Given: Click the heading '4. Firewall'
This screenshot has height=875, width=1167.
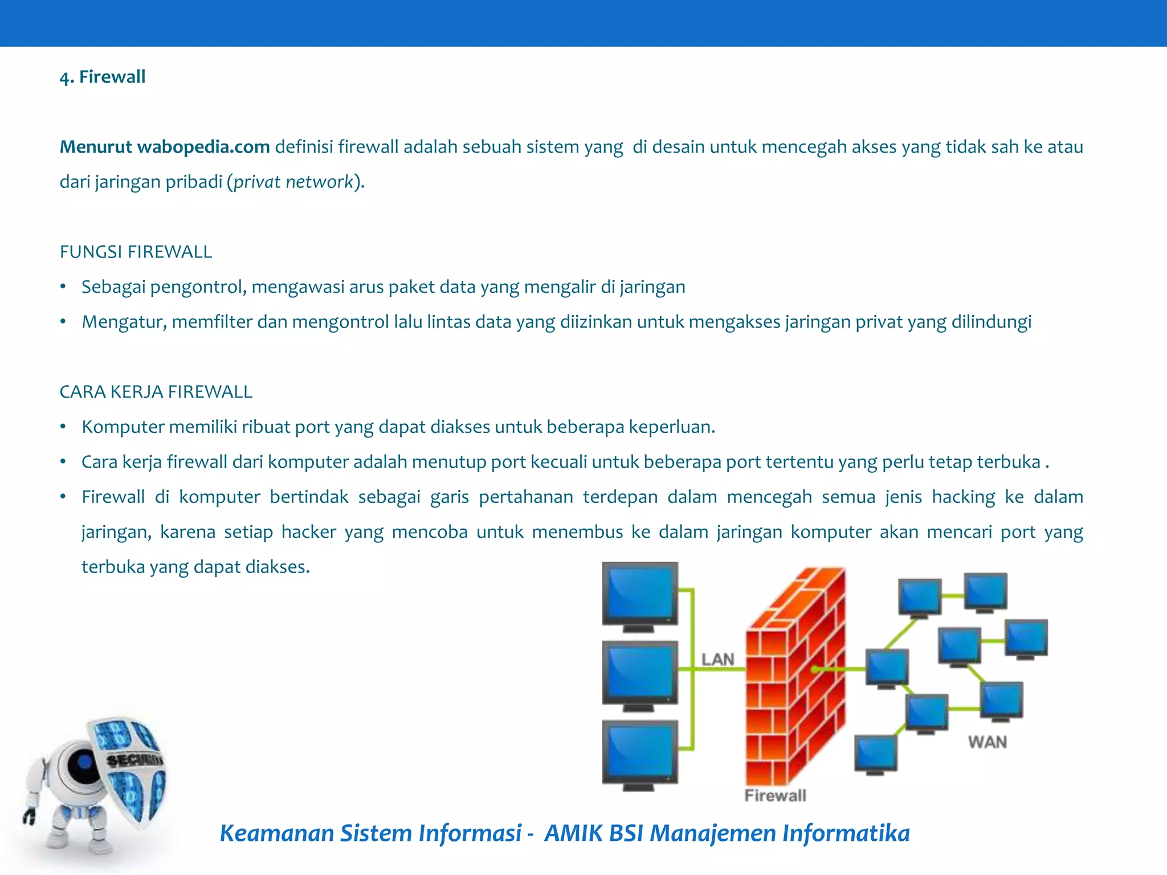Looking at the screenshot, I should (x=103, y=77).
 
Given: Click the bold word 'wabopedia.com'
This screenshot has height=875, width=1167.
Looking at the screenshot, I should (x=203, y=147).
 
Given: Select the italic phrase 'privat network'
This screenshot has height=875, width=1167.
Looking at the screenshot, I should (x=293, y=182).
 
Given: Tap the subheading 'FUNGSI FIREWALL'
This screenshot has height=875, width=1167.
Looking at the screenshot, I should (x=136, y=252).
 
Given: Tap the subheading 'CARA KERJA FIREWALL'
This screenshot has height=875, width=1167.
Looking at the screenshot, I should (x=156, y=392).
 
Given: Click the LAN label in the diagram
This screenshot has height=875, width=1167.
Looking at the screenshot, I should (x=717, y=660).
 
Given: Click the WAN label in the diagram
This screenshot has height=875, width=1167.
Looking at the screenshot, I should (x=987, y=742).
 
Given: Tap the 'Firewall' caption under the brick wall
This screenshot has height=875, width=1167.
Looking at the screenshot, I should (x=775, y=796).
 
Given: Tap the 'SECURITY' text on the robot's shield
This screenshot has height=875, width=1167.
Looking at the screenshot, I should (x=134, y=759).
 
